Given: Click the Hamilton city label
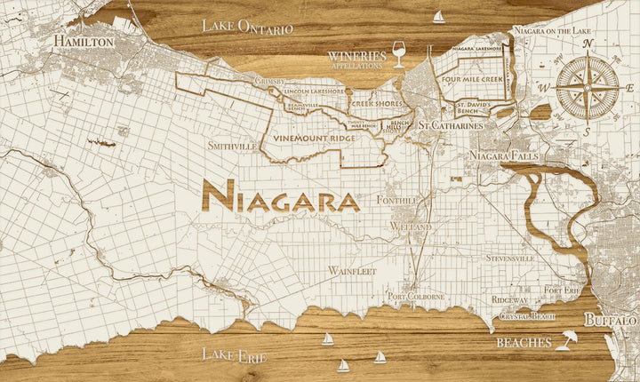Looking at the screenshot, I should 84,42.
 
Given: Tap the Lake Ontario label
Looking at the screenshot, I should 246,27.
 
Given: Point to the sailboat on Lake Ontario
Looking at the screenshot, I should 438,17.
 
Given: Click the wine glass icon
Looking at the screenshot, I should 398,57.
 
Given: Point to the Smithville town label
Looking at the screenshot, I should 231,145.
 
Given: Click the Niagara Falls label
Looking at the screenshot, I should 500,155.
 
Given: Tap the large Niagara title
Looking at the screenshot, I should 281,197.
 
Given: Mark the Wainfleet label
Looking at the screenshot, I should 352,269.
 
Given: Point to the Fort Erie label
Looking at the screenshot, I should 563,290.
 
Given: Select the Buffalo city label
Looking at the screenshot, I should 610,319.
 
